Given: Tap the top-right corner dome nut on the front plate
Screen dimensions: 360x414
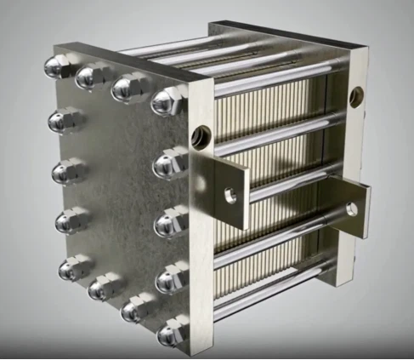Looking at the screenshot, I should tap(167, 100).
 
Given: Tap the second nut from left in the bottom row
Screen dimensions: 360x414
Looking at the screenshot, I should tap(101, 288).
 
